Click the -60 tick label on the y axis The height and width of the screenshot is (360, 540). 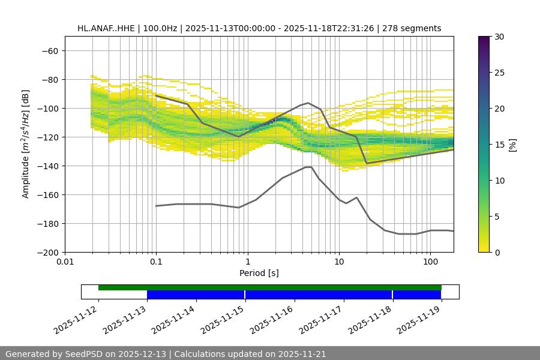point(49,50)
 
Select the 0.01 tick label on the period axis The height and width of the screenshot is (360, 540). point(65,262)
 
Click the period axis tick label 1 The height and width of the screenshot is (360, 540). point(248,262)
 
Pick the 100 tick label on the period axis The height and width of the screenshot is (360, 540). point(430,262)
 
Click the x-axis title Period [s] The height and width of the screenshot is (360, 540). point(259,273)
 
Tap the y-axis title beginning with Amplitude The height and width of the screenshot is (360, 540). point(26,144)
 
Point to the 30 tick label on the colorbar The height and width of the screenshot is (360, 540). point(499,37)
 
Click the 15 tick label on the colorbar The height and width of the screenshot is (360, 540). point(499,145)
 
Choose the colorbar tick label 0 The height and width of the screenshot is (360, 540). point(497,252)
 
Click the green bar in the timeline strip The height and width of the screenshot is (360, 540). point(270,287)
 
